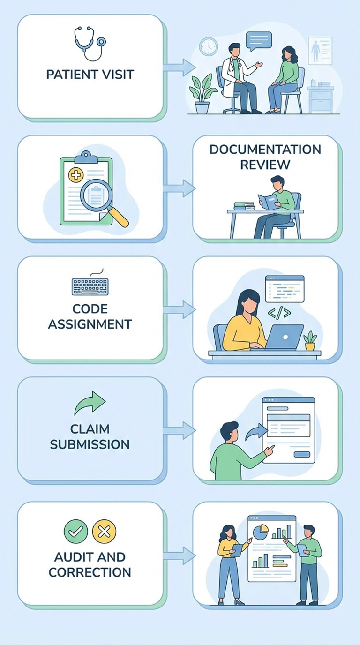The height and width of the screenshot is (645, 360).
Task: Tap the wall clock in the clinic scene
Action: click(208, 47)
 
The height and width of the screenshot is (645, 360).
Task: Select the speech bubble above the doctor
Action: click(259, 41)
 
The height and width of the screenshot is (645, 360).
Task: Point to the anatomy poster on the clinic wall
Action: click(320, 51)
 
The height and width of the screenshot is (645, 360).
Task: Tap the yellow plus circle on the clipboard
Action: click(75, 175)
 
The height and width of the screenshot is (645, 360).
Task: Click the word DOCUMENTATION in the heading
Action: click(265, 150)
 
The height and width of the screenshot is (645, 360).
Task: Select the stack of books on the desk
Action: click(244, 206)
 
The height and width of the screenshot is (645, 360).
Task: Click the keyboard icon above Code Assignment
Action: click(90, 285)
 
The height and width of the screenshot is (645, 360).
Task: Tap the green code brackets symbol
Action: click(279, 313)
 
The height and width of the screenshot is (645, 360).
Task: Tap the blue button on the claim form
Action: click(301, 454)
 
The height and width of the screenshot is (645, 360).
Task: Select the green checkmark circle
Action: click(75, 531)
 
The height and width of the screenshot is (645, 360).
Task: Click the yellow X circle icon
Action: click(104, 531)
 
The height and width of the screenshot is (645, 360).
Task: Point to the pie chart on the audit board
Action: click(261, 532)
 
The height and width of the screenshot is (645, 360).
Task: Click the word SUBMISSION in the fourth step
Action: click(90, 444)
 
